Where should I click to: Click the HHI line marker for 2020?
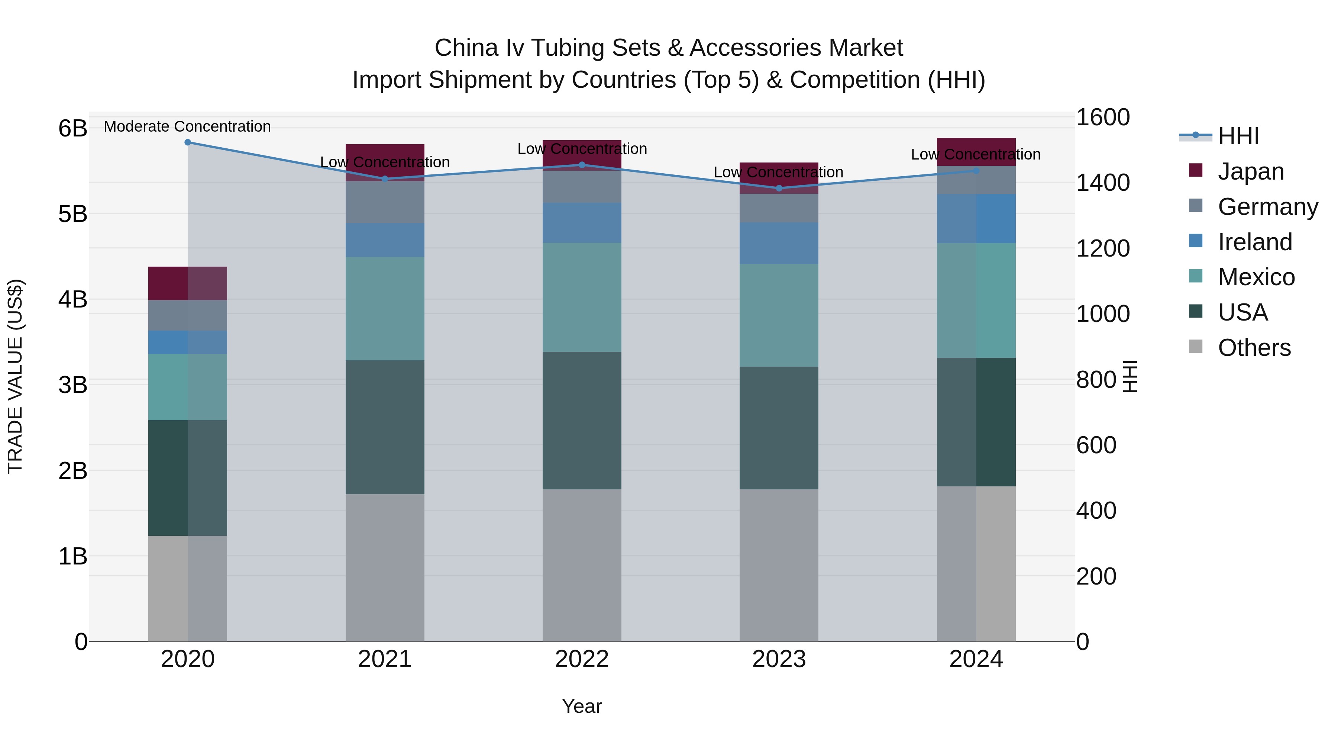(188, 142)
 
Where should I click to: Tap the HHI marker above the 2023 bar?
(779, 188)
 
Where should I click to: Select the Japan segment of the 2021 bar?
(385, 153)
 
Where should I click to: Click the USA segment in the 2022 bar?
(582, 421)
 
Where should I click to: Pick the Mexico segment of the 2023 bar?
(779, 315)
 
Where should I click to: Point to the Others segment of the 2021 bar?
(385, 567)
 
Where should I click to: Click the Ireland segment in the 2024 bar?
(976, 219)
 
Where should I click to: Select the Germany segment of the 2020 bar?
(188, 315)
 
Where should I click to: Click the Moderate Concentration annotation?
(188, 126)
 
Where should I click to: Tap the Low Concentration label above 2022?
(582, 149)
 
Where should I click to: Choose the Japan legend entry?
(1251, 171)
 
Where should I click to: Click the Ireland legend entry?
(1254, 242)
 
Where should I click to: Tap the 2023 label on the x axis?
(779, 659)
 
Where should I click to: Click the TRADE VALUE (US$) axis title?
(16, 376)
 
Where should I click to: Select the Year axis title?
(582, 706)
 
